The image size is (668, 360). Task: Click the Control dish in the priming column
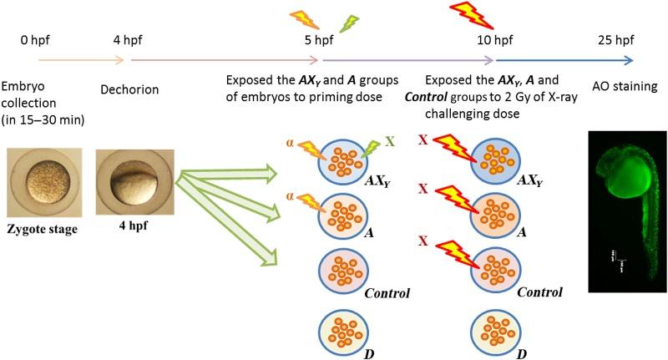pyautogui.click(x=342, y=272)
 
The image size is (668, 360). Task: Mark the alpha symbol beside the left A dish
pyautogui.click(x=290, y=195)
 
